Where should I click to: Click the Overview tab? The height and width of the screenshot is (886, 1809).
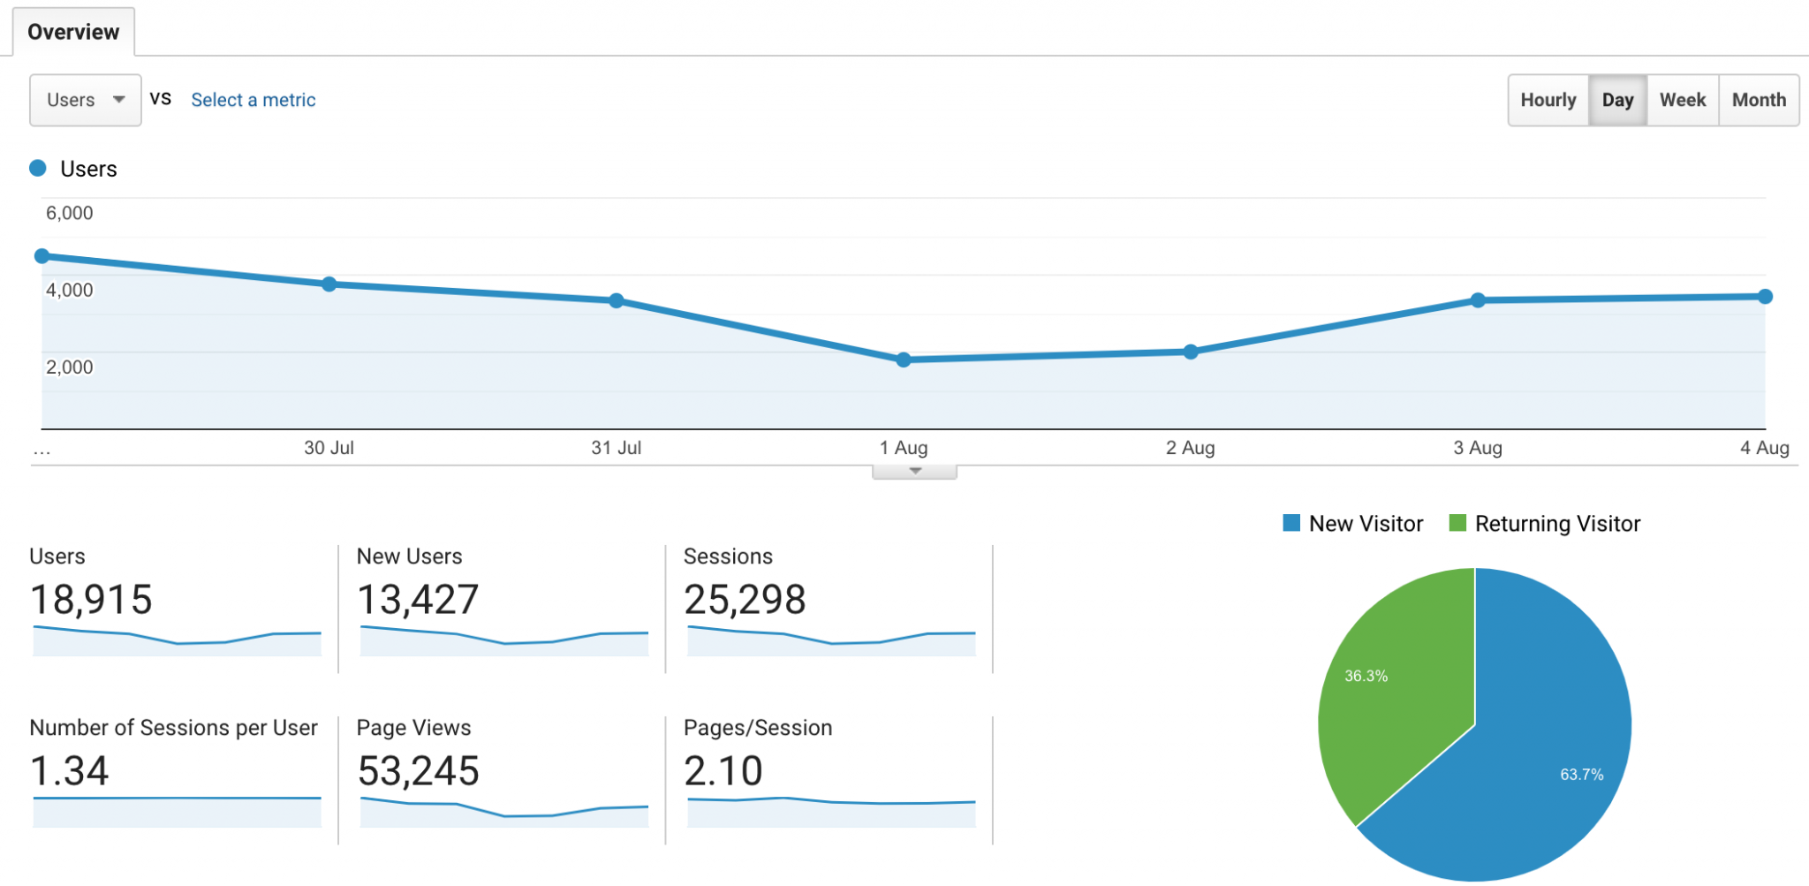(x=73, y=32)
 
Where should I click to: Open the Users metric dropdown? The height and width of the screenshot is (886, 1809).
(x=85, y=100)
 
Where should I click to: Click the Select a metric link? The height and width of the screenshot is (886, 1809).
(x=253, y=100)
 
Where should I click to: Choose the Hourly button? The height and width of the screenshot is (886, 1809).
(x=1548, y=100)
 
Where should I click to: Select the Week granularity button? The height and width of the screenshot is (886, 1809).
(x=1682, y=100)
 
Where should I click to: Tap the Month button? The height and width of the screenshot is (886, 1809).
(x=1758, y=100)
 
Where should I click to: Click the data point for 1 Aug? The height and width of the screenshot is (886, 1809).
(x=904, y=360)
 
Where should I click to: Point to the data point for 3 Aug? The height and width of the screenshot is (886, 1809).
(x=1478, y=300)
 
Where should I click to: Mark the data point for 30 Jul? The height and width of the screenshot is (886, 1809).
(x=329, y=284)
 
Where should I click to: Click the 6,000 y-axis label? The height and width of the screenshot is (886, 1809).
(x=69, y=213)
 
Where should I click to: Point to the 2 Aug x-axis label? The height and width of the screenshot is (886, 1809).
(x=1190, y=448)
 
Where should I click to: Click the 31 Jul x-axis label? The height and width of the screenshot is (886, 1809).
(x=616, y=448)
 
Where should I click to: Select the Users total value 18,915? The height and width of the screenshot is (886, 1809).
(x=91, y=600)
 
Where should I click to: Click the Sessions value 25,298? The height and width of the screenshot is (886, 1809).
(x=745, y=600)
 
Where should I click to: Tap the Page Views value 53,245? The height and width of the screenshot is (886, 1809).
(x=418, y=771)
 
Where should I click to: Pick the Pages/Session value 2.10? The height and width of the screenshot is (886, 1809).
(x=723, y=771)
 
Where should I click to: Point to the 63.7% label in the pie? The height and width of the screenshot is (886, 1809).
(x=1581, y=775)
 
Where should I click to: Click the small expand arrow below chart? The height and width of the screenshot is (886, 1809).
(x=915, y=472)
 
